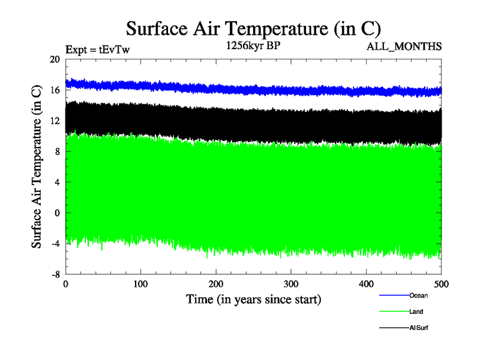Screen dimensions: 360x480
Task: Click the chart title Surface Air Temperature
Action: (253, 29)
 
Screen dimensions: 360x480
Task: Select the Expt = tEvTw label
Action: (97, 50)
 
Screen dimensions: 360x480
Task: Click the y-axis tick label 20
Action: (55, 59)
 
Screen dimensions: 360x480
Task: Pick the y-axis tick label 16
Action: (55, 90)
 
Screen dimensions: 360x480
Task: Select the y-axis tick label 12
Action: (55, 121)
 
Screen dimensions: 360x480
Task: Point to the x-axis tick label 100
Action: (140, 284)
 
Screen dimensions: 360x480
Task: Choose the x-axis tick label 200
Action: (216, 284)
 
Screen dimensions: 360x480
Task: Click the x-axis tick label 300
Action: (291, 284)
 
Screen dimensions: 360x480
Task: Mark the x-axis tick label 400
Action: (366, 284)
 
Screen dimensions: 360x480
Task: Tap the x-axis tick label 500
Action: (441, 284)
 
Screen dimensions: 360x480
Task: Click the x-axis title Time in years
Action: (253, 299)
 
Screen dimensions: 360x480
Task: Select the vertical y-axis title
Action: (37, 167)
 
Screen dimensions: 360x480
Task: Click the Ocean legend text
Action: (418, 295)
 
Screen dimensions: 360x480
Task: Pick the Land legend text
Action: (416, 311)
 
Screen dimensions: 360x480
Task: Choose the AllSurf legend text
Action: (419, 328)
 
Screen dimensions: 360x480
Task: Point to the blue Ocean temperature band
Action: (252, 89)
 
